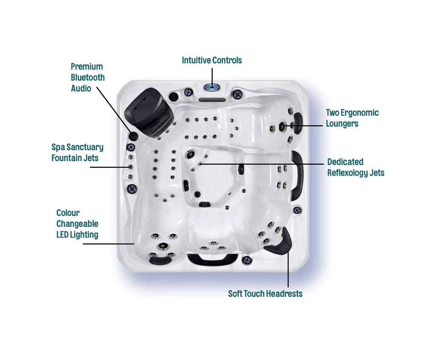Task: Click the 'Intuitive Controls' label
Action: click(x=212, y=60)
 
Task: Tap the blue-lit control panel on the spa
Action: click(x=212, y=87)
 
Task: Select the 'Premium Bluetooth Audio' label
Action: click(x=88, y=78)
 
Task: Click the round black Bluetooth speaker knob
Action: click(x=134, y=136)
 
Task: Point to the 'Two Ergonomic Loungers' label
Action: click(x=352, y=118)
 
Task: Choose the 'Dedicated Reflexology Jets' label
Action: click(x=356, y=167)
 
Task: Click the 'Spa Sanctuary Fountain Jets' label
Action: click(x=77, y=152)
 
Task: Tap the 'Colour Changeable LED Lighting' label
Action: click(x=77, y=224)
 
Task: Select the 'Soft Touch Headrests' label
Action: click(x=265, y=294)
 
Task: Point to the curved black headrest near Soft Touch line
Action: click(x=280, y=243)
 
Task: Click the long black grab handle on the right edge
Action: click(x=296, y=175)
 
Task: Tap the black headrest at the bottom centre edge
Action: click(x=212, y=258)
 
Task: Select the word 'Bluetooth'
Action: click(x=88, y=78)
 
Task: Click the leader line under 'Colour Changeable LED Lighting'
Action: click(x=108, y=244)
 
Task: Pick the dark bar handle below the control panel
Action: click(x=212, y=100)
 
